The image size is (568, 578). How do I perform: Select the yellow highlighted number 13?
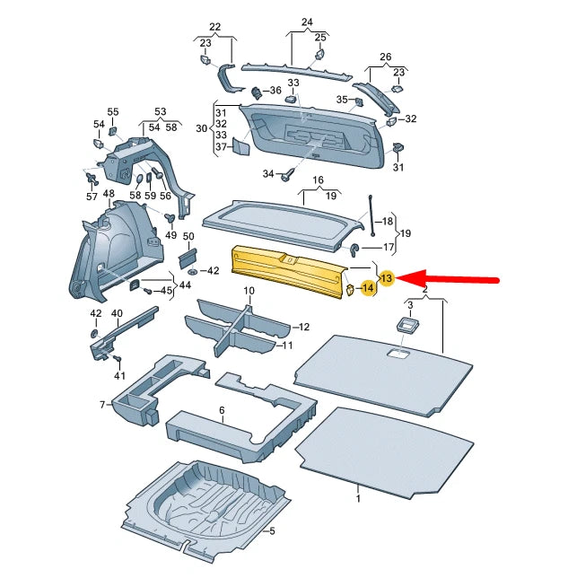click(x=387, y=279)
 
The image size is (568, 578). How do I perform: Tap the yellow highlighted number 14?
click(x=367, y=289)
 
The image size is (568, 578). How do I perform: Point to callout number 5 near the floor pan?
click(x=272, y=530)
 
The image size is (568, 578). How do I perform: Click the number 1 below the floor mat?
click(x=358, y=497)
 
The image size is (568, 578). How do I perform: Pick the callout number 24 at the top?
click(x=307, y=22)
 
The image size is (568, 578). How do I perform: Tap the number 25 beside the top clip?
click(x=320, y=37)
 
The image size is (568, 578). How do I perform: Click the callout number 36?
click(x=275, y=91)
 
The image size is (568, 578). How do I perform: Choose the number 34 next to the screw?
click(x=268, y=173)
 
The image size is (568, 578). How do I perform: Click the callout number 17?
click(x=389, y=247)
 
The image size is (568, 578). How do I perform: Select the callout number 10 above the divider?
click(x=249, y=292)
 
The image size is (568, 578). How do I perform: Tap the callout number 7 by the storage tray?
click(x=103, y=405)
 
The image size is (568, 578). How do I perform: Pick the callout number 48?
click(x=109, y=194)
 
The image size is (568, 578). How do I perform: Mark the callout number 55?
click(x=113, y=112)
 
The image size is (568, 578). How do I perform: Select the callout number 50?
click(x=188, y=236)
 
